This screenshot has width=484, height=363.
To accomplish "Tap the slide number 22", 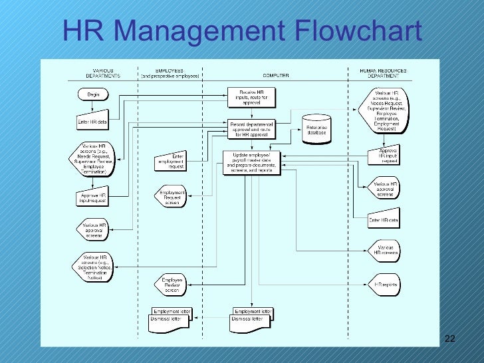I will click(449, 339).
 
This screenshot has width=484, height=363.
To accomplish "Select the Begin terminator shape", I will click(93, 95).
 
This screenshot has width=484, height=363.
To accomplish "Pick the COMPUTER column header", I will click(275, 76).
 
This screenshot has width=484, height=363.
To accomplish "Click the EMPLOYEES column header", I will click(170, 73).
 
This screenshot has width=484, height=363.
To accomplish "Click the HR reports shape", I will click(385, 285).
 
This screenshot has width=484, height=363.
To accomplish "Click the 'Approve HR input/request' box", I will click(92, 197).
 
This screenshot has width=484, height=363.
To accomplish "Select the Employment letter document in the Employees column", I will click(171, 311).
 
